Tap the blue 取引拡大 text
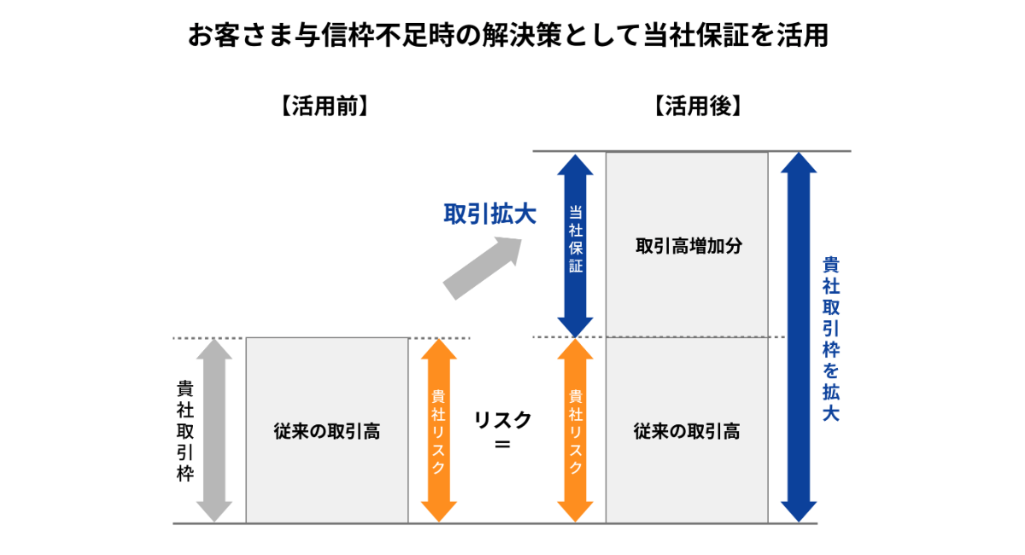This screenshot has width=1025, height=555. coord(489,214)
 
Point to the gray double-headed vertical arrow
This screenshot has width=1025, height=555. coord(214,429)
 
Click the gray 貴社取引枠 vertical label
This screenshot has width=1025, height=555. coord(185,430)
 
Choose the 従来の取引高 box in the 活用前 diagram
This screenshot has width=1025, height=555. coord(327,430)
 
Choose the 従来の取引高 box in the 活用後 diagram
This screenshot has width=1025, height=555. coord(687,430)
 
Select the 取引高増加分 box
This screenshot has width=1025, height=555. coord(687,246)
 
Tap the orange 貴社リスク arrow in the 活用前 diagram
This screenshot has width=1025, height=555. coord(438,430)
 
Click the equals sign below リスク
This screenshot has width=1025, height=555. coord(502,445)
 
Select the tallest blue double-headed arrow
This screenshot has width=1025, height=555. coord(799,336)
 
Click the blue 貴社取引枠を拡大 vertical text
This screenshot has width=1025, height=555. coord(830,338)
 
